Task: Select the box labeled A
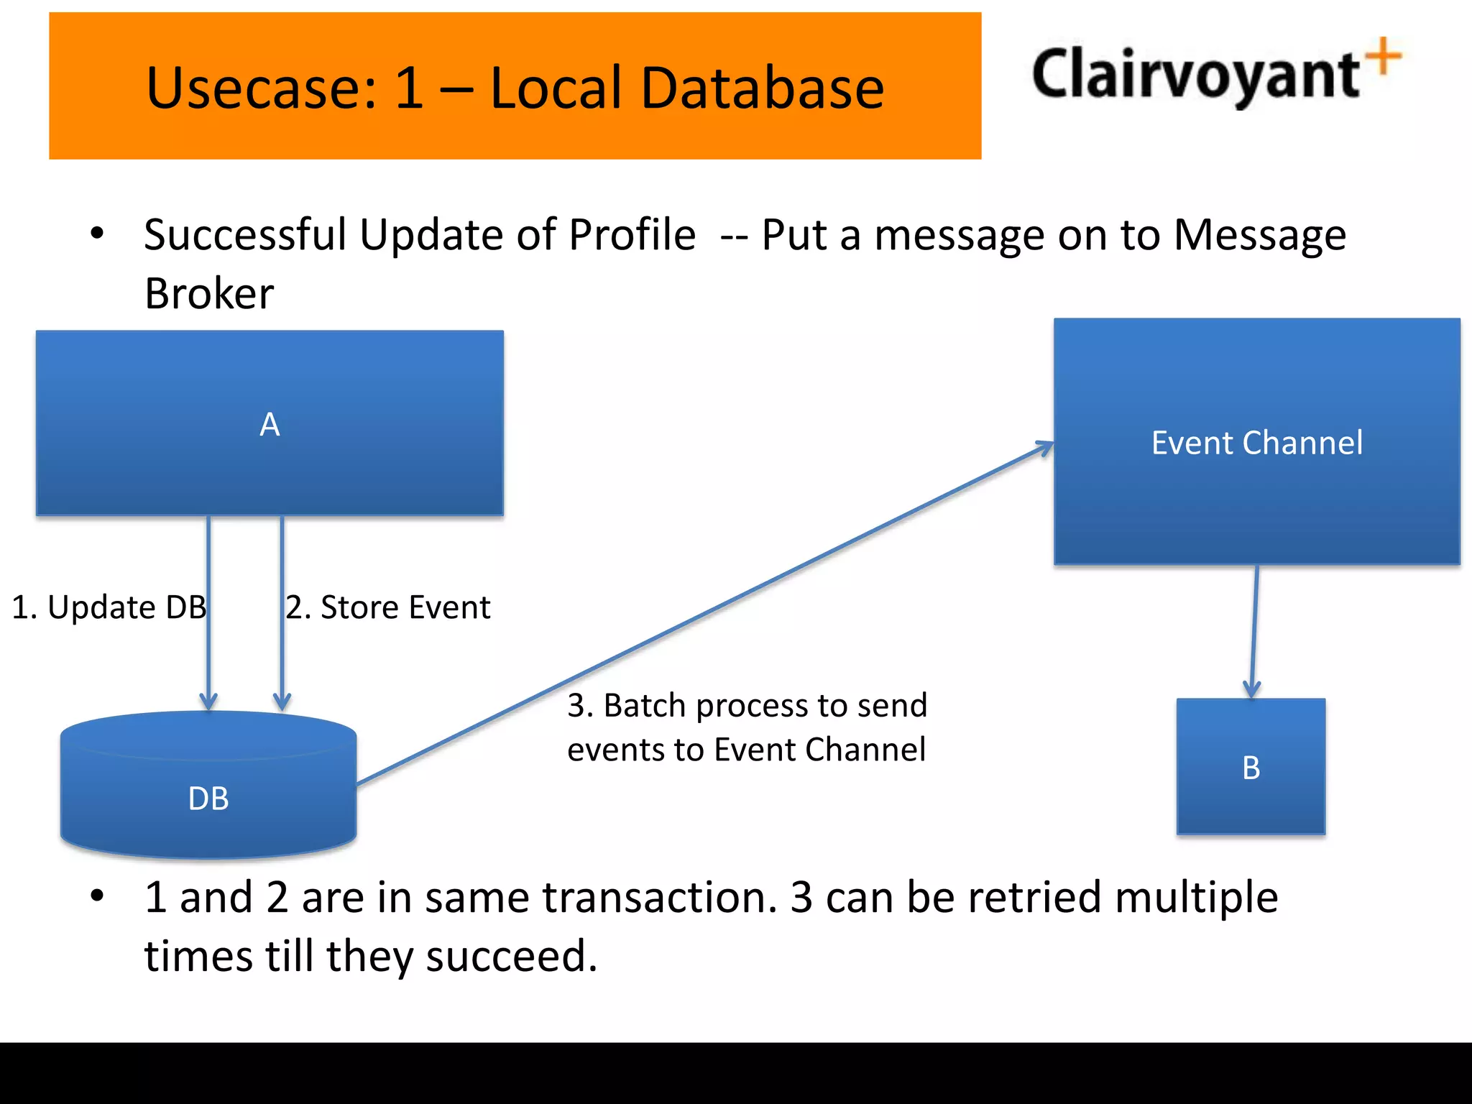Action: pyautogui.click(x=270, y=423)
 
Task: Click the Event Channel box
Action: pyautogui.click(x=1256, y=441)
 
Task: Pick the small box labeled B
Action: pyautogui.click(x=1251, y=767)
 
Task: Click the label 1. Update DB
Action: pyautogui.click(x=109, y=607)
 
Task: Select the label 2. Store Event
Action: pyautogui.click(x=388, y=607)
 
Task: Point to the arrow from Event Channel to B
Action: pyautogui.click(x=1254, y=632)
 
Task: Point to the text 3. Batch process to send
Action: pyautogui.click(x=747, y=705)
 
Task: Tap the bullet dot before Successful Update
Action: pyautogui.click(x=97, y=234)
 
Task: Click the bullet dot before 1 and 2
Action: pyautogui.click(x=97, y=896)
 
